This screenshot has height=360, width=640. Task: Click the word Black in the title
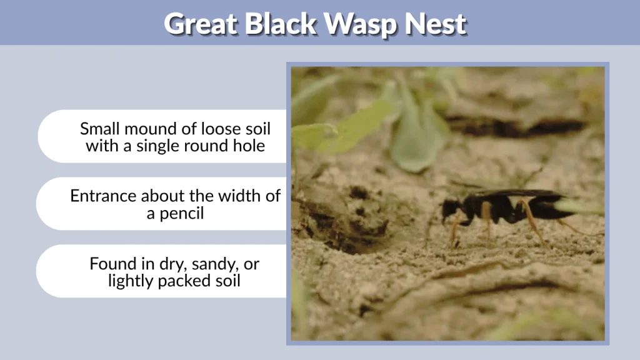click(x=281, y=24)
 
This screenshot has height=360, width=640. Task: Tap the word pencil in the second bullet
click(x=182, y=213)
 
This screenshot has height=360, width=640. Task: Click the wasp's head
click(x=451, y=208)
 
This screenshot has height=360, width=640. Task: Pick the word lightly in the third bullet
click(x=130, y=281)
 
